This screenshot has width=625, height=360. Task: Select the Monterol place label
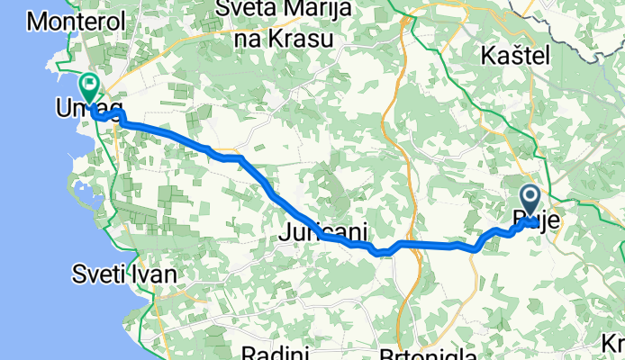click(68, 19)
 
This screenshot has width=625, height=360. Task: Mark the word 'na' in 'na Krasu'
click(248, 40)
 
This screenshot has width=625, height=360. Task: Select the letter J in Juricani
click(285, 232)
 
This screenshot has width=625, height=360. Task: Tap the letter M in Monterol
click(38, 19)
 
